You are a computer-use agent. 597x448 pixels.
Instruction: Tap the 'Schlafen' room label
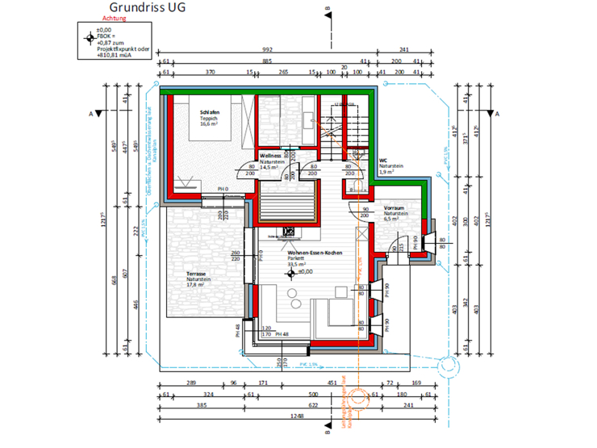(x=210, y=112)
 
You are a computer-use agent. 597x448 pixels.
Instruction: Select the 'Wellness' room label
(x=270, y=156)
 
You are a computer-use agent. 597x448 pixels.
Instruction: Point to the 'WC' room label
(x=382, y=160)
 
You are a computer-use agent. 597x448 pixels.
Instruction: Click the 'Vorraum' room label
(x=394, y=207)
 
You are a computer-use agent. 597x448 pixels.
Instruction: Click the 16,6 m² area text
(x=211, y=125)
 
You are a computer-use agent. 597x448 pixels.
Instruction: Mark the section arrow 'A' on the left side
(x=97, y=114)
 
